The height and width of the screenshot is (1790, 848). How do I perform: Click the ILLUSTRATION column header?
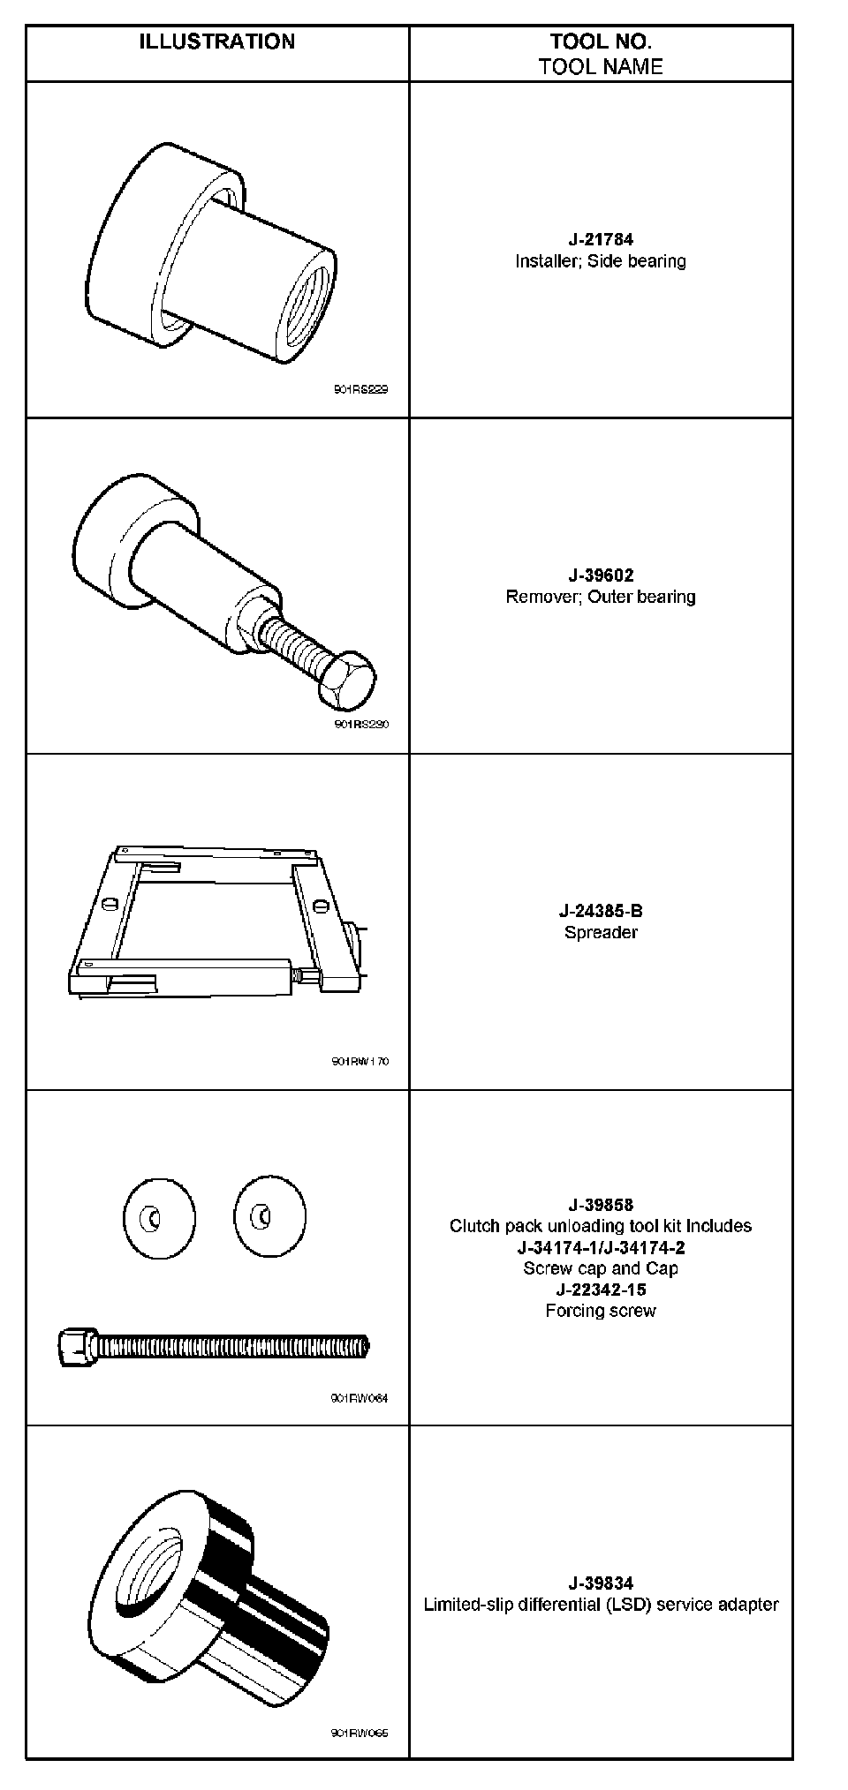(x=216, y=41)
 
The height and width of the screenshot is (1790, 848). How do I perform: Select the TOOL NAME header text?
(x=601, y=66)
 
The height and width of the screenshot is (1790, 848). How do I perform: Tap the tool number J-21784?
(x=601, y=239)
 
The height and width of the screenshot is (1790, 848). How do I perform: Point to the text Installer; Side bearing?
(x=601, y=261)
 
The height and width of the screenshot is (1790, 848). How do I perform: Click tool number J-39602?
(x=601, y=575)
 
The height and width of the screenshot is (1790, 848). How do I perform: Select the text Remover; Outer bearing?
(x=601, y=597)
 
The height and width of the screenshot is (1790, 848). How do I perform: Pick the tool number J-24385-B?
(x=601, y=911)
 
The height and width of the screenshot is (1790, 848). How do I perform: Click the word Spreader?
(x=601, y=932)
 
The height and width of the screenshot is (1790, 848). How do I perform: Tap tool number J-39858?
(x=601, y=1205)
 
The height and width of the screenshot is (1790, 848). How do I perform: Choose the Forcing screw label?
(x=601, y=1311)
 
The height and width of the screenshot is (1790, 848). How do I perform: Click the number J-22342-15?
(x=601, y=1290)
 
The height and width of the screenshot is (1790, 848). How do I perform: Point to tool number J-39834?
(x=601, y=1583)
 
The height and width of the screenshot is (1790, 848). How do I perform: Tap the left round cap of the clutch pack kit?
(x=159, y=1219)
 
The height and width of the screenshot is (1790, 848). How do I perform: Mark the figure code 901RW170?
(x=360, y=1061)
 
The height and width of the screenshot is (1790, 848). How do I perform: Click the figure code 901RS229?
(x=360, y=389)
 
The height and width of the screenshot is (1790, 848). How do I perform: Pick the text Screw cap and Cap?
(x=601, y=1268)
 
